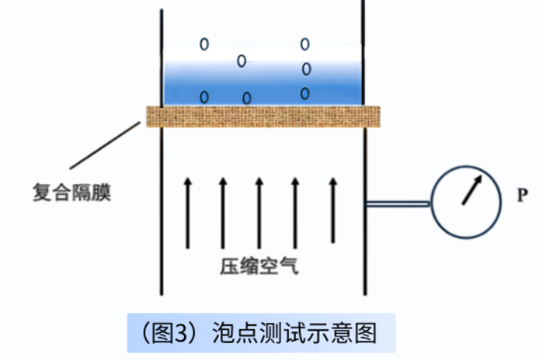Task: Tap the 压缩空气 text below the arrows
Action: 258,267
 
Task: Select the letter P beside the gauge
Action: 521,195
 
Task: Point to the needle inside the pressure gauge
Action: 471,190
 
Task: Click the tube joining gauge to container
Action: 397,204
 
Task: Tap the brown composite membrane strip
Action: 263,116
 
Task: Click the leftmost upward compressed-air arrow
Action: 186,212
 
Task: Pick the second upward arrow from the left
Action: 223,212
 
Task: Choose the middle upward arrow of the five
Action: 259,212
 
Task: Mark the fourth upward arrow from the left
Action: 295,212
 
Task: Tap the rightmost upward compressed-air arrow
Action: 333,212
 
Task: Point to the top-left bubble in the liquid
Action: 204,44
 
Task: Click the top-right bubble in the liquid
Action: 305,43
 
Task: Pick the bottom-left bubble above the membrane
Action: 204,97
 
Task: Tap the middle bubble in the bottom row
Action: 246,98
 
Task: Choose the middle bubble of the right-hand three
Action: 306,69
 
